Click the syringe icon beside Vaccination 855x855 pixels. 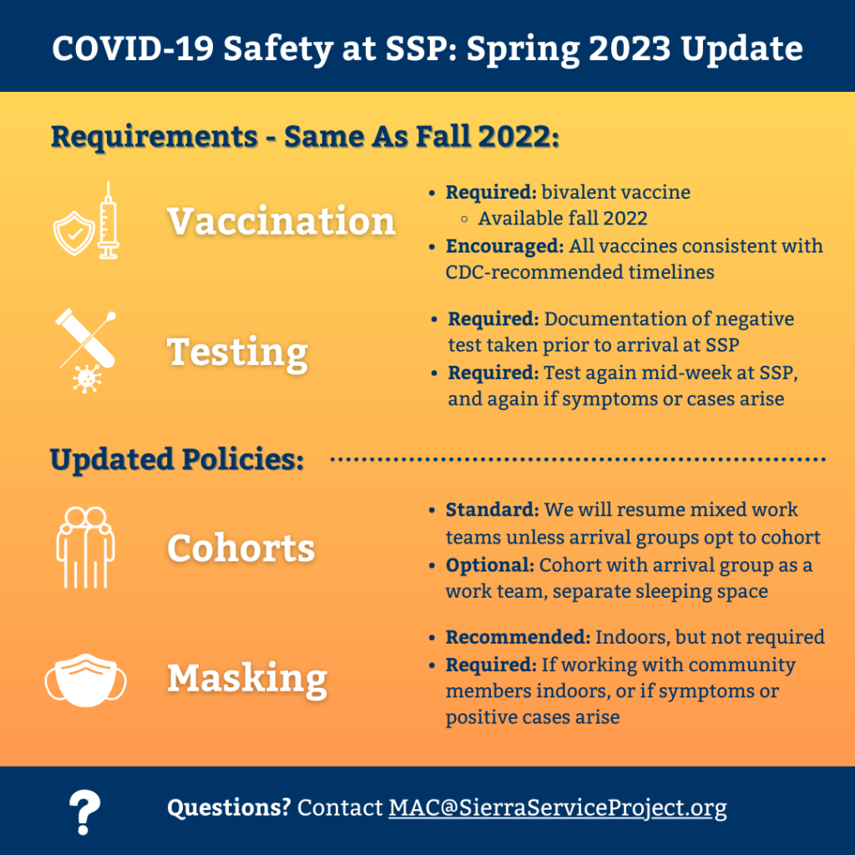[x=108, y=220]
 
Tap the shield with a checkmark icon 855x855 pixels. [x=74, y=234]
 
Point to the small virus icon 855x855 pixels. [x=87, y=379]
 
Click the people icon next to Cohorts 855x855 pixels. [x=86, y=548]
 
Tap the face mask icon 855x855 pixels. [x=86, y=680]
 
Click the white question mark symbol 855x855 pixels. [x=84, y=812]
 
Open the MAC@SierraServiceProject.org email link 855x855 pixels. [x=557, y=807]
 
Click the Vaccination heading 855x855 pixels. [x=281, y=220]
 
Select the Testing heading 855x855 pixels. [x=238, y=353]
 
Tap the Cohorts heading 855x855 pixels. [x=241, y=548]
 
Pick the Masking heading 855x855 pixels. [x=247, y=679]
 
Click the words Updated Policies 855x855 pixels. [x=177, y=459]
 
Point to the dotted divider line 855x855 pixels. [x=578, y=459]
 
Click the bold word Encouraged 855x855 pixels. [x=504, y=246]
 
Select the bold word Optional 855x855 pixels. [x=489, y=565]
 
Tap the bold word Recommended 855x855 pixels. [x=518, y=637]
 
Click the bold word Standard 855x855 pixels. [x=492, y=510]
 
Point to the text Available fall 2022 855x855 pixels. [x=563, y=219]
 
